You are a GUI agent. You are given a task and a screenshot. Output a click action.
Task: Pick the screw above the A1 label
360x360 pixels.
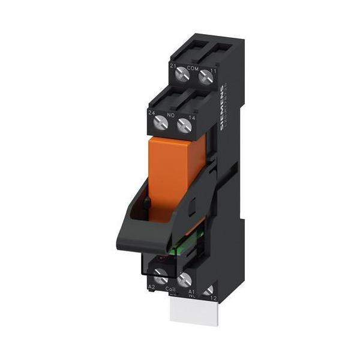click(184, 279)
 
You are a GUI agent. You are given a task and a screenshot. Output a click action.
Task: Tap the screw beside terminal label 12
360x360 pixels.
click(209, 292)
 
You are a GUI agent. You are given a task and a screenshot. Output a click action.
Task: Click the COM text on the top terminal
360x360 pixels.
click(193, 68)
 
